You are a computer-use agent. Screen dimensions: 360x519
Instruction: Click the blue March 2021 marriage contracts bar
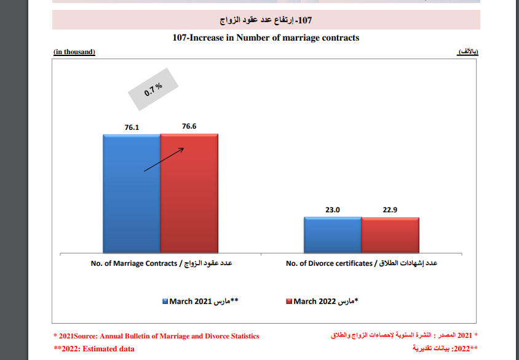[132, 193]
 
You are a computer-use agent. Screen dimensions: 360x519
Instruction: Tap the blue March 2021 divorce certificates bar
[333, 234]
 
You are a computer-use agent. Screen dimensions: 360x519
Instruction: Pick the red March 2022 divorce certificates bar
[390, 234]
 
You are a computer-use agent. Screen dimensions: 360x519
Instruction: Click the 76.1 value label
[132, 127]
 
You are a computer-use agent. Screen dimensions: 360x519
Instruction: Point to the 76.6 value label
[189, 126]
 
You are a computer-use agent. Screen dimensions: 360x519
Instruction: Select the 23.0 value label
[333, 210]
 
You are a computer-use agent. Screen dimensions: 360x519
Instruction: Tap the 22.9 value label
[390, 210]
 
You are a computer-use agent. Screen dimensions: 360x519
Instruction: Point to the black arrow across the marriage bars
[164, 159]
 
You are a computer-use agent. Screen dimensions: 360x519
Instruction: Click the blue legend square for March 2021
[165, 302]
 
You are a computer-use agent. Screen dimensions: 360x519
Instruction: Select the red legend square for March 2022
[288, 302]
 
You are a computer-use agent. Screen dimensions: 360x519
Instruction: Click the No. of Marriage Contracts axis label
[160, 263]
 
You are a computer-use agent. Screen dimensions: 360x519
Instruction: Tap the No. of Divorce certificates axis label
[362, 263]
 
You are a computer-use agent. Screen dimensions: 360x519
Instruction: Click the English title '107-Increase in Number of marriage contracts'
[266, 38]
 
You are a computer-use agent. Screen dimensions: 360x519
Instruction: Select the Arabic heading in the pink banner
[266, 20]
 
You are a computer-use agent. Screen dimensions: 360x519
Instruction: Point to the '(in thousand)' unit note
[74, 52]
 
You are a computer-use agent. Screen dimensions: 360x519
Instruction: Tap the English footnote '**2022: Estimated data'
[93, 349]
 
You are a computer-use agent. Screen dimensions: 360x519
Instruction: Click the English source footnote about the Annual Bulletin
[156, 336]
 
